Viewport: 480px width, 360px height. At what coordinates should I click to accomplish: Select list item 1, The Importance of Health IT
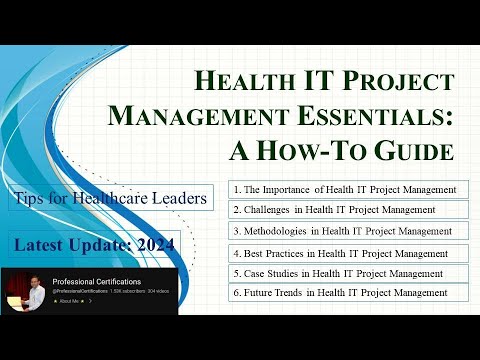345,188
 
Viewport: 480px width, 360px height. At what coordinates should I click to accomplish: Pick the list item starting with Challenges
334,210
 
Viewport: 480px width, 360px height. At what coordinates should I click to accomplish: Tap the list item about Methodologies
341,232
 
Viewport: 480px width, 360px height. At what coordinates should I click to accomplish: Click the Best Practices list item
339,254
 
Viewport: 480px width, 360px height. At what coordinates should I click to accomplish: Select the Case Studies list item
336,272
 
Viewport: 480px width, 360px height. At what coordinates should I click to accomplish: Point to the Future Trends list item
339,292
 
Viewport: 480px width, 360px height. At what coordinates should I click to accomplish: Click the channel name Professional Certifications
98,282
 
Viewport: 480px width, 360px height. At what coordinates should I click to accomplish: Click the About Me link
70,301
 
